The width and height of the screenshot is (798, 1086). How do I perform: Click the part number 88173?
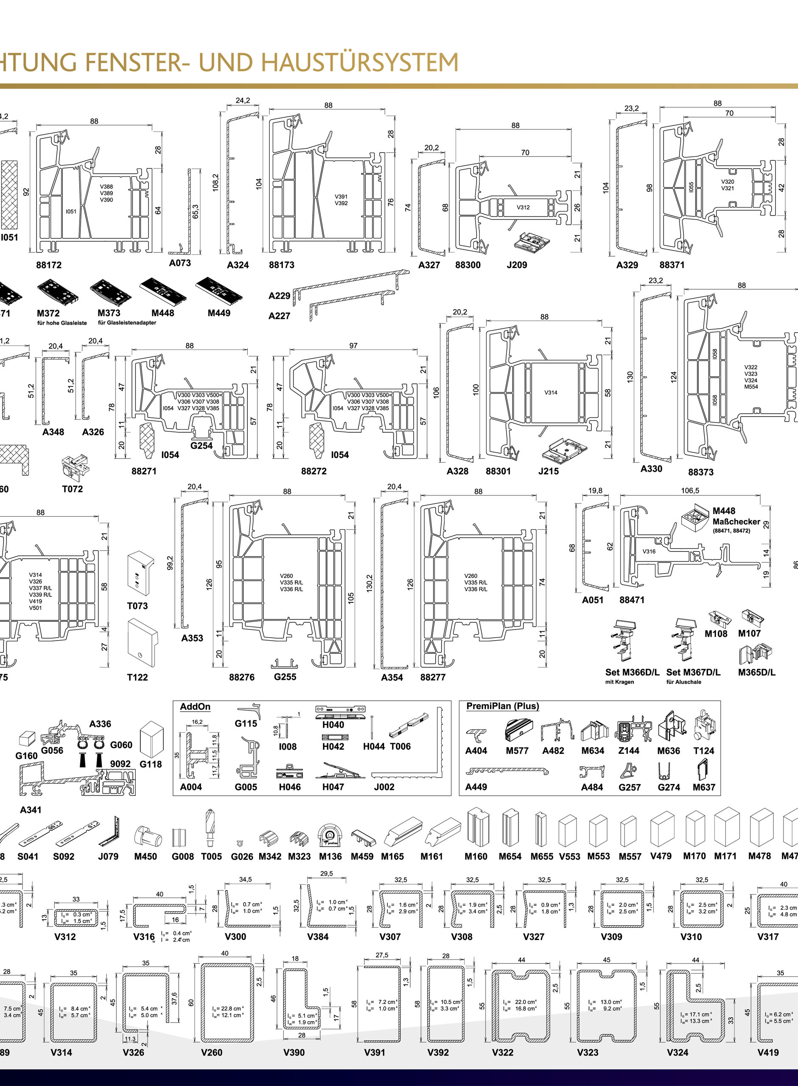(281, 265)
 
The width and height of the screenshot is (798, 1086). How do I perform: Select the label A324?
(238, 265)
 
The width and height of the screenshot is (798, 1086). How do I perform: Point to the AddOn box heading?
(195, 706)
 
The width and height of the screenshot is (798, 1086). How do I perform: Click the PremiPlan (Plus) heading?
(502, 706)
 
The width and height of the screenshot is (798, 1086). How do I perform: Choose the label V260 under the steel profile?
(211, 1052)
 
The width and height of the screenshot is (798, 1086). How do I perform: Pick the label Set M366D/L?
(632, 672)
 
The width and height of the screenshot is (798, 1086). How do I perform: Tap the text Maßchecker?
(736, 521)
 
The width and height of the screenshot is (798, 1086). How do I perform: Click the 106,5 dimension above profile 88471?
(690, 490)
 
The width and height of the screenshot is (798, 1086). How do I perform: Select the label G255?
(285, 677)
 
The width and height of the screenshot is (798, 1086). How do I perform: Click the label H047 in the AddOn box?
(333, 787)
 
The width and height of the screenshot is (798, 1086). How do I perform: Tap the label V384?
(318, 937)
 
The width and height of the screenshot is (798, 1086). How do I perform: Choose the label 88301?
(498, 471)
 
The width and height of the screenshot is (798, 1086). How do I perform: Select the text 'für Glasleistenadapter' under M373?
(127, 322)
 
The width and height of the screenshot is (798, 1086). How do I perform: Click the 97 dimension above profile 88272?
(353, 346)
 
